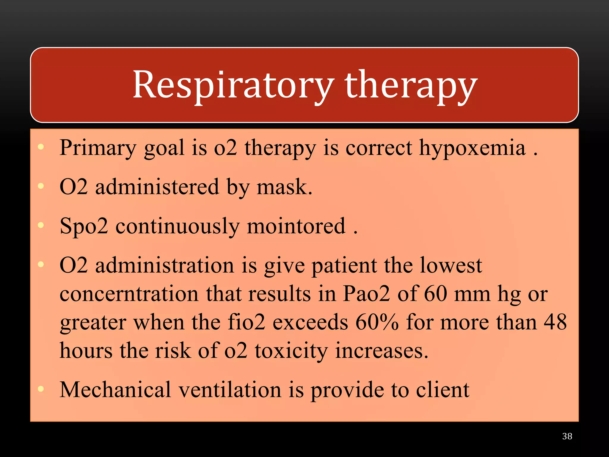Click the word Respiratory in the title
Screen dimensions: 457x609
coord(233,85)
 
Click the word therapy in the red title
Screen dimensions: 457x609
coord(411,85)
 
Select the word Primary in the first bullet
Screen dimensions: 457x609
coord(98,148)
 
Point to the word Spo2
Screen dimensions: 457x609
coord(84,226)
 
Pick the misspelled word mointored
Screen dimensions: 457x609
coord(296,226)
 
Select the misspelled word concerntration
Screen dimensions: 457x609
coord(129,294)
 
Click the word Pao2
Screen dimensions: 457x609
coord(366,294)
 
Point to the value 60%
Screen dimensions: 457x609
coord(377,322)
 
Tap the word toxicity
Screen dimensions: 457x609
coord(291,350)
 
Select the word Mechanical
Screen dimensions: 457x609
coord(115,390)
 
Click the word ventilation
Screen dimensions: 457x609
coord(230,390)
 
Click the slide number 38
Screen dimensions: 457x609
coord(567,436)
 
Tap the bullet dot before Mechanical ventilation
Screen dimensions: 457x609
coord(41,389)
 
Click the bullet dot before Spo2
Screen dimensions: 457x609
coord(41,225)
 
